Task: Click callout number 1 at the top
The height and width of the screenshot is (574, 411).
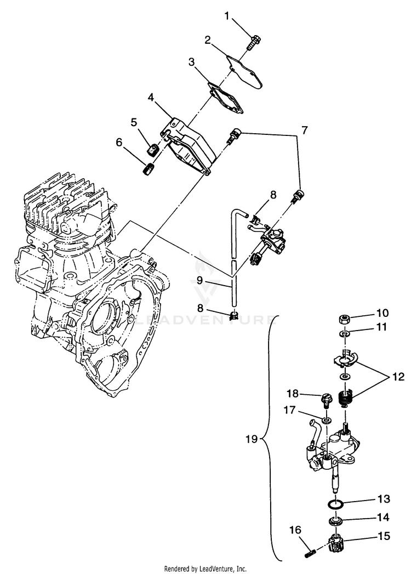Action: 227,16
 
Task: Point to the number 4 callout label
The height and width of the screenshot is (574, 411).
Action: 150,98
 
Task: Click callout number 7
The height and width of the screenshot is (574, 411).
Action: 304,130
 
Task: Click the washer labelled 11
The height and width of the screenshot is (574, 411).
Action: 343,334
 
